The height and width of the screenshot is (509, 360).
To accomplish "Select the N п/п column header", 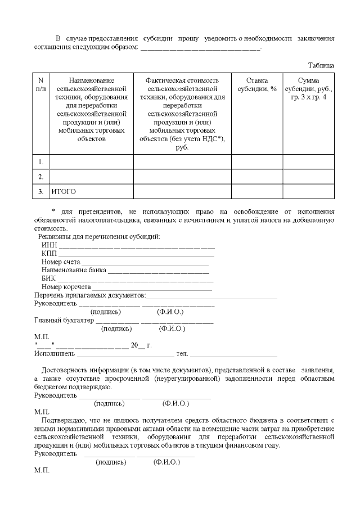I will pos(40,85).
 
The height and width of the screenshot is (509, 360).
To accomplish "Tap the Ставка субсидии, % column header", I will pos(256,85).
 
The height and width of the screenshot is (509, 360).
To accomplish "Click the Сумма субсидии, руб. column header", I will pos(308,89).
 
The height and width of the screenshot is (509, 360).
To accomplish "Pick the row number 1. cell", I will pos(40,162).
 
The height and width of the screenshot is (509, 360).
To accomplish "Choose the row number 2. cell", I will pos(40,177).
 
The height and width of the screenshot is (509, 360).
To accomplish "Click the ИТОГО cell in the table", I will pos(64,192).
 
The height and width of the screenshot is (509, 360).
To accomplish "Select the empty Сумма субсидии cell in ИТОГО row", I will pos(308,192).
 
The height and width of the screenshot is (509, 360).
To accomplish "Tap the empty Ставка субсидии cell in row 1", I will pos(256,162).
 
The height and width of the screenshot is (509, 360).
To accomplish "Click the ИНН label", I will pos(49,245).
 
